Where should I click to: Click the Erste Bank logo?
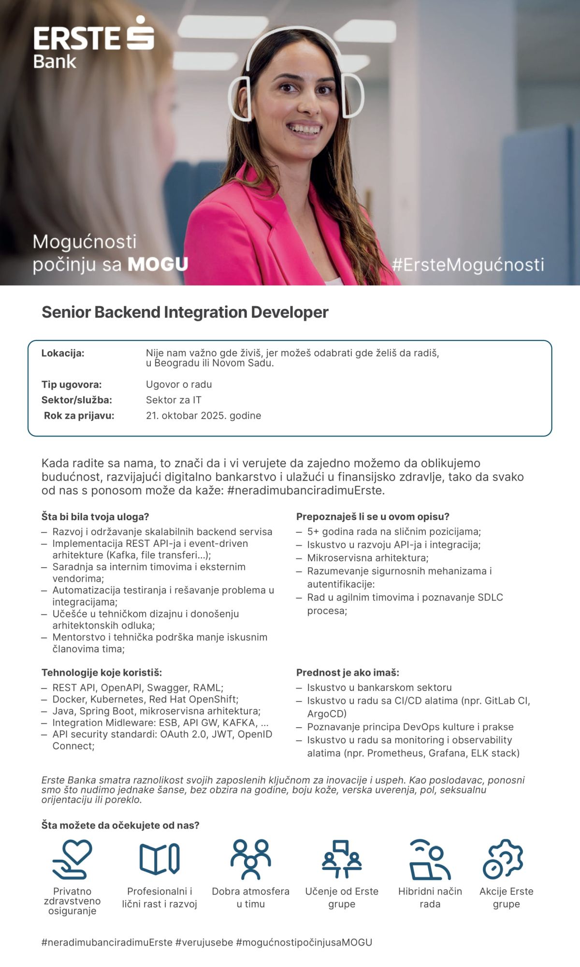coord(93,43)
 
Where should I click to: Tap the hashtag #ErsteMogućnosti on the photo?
coord(468,264)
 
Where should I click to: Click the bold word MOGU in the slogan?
coord(158,264)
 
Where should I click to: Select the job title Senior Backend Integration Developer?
coord(185,312)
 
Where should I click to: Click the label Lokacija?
coord(63,353)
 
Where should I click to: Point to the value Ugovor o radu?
coord(179,384)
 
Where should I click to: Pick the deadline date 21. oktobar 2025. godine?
coord(203,415)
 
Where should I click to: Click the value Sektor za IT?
coord(174,400)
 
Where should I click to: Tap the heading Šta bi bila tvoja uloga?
coord(95,516)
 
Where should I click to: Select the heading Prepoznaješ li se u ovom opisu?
coord(373,516)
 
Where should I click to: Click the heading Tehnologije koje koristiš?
coord(101,672)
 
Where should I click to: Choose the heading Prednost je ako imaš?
coord(348,672)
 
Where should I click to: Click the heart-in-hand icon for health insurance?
coord(72,859)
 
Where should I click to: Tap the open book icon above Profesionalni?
coord(159,859)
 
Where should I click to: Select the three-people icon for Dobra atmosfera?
coord(250,859)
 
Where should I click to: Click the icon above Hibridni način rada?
coord(430,859)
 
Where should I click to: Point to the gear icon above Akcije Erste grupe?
coord(503,859)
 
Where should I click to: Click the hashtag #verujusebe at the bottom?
coord(204,942)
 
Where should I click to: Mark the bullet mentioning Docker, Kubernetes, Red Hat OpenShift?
coord(145,699)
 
